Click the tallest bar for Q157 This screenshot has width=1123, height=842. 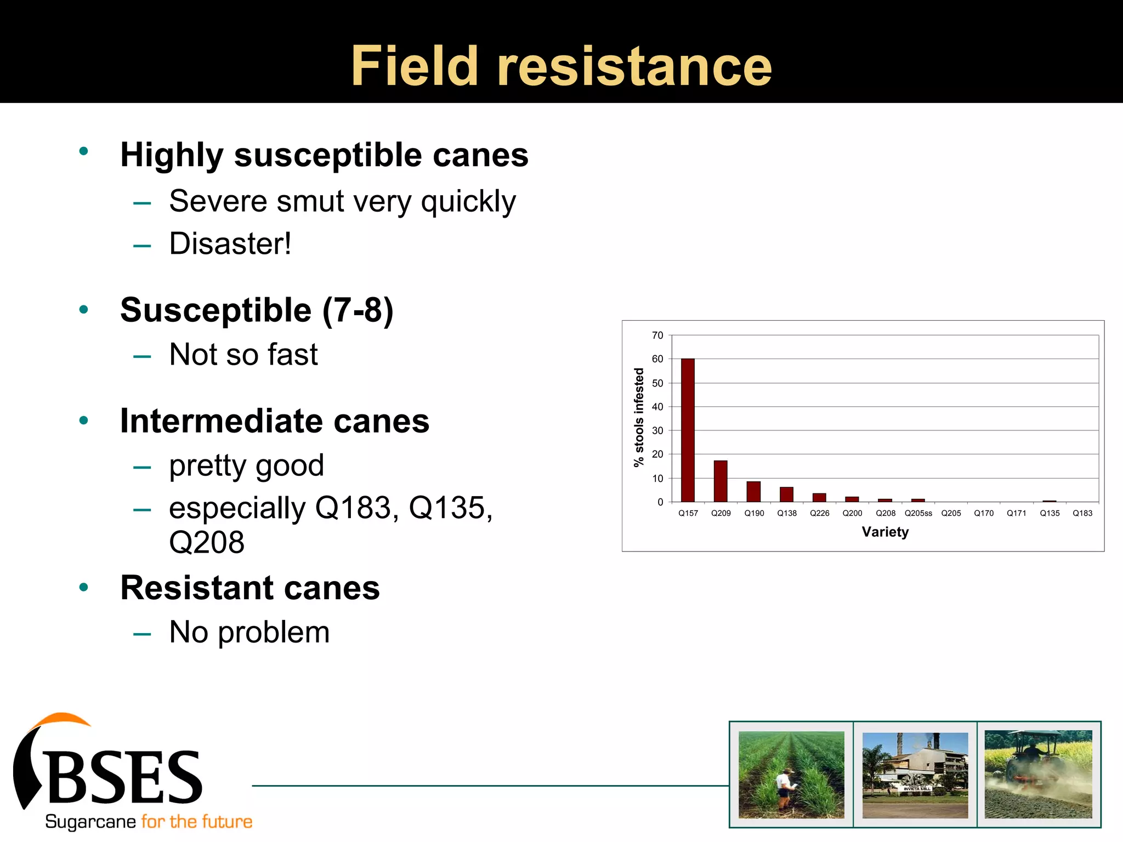(x=688, y=430)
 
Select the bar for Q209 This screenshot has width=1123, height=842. (x=721, y=481)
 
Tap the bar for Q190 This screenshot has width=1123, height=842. (x=753, y=492)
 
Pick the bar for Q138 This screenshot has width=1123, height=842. (x=786, y=494)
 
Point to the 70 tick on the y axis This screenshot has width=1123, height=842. (x=657, y=335)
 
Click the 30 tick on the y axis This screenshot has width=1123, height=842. (x=657, y=431)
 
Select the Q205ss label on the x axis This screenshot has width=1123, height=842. (x=918, y=514)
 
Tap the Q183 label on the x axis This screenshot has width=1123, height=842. (x=1082, y=514)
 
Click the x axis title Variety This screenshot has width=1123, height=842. (x=885, y=532)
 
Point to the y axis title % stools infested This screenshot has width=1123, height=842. (x=639, y=417)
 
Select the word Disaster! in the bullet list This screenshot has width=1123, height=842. (x=230, y=244)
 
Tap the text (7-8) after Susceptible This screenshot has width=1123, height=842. (x=358, y=310)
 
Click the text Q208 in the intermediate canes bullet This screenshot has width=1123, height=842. (x=207, y=543)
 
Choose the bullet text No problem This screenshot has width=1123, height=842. (x=249, y=632)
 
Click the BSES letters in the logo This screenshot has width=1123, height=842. (x=126, y=777)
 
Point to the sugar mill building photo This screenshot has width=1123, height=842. (x=915, y=774)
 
